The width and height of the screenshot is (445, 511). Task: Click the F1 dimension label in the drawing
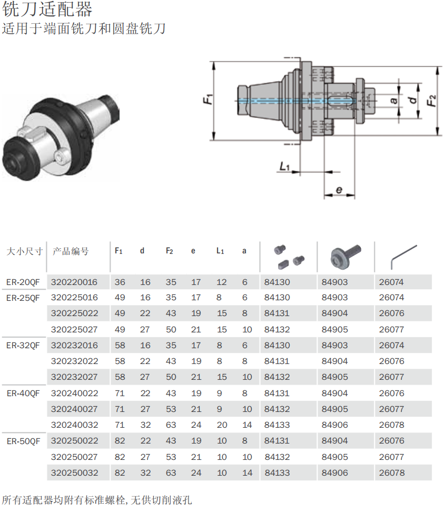point(209,99)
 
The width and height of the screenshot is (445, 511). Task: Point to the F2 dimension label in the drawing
point(431,100)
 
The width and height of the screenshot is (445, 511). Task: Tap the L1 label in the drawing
point(285,166)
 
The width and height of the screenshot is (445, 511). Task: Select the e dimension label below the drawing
point(339,190)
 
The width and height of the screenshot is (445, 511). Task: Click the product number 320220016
point(74,282)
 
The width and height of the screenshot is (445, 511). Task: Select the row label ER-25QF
point(23,298)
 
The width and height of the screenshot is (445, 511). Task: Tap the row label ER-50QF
point(23,441)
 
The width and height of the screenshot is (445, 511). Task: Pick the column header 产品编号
point(71,251)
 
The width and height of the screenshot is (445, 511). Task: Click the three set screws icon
point(289,255)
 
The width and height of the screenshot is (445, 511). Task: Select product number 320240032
point(74,425)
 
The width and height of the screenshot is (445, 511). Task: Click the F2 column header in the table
point(169,251)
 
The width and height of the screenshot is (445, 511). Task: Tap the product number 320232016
point(74,346)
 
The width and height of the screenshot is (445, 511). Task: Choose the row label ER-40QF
point(23,394)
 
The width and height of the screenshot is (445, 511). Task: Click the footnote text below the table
point(97,499)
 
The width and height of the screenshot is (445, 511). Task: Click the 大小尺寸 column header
point(24,251)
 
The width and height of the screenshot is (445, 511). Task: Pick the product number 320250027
point(74,457)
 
